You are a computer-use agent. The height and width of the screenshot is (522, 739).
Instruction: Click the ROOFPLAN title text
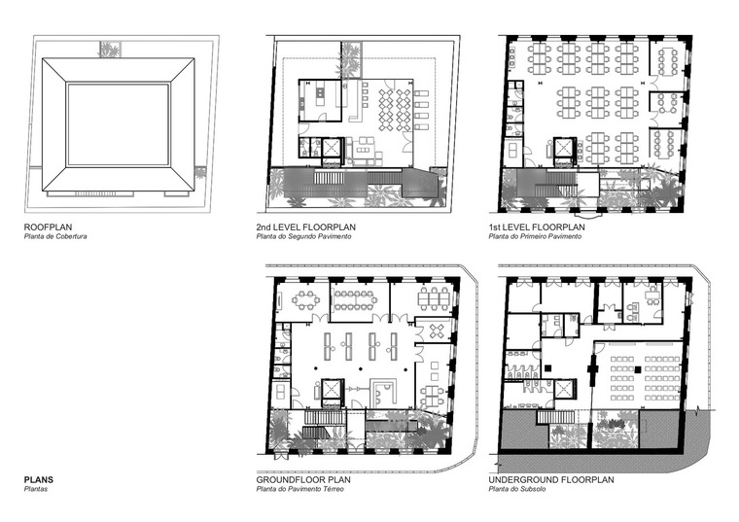point(48,227)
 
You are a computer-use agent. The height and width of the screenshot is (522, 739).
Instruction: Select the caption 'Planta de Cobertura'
point(55,236)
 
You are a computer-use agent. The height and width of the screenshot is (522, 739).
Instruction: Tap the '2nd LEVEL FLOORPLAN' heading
point(306,227)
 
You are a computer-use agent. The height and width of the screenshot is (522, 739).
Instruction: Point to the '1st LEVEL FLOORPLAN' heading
point(537,227)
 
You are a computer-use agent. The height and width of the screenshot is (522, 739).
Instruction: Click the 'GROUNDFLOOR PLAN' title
point(303,480)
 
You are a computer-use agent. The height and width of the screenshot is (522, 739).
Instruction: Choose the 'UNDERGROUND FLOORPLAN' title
point(551,480)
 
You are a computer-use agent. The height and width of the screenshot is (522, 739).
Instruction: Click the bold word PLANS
point(39,480)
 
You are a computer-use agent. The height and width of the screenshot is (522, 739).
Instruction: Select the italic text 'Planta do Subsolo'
point(517,489)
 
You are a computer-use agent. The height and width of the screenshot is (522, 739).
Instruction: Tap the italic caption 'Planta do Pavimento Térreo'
point(300,489)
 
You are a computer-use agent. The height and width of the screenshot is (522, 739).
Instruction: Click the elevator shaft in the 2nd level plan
point(332,148)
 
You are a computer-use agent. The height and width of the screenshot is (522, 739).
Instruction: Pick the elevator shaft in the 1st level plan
point(564,148)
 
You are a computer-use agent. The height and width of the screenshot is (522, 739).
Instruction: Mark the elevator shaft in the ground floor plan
point(331,389)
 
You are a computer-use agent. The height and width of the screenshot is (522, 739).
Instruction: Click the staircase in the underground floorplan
point(554,417)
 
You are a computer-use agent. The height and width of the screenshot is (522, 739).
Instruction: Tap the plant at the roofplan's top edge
point(110,49)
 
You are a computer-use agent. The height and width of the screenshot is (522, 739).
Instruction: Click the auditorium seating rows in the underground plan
point(645,378)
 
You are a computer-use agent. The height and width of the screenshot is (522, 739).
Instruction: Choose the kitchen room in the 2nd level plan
point(320,101)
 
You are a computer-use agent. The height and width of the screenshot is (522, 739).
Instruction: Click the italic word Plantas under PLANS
point(36,489)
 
